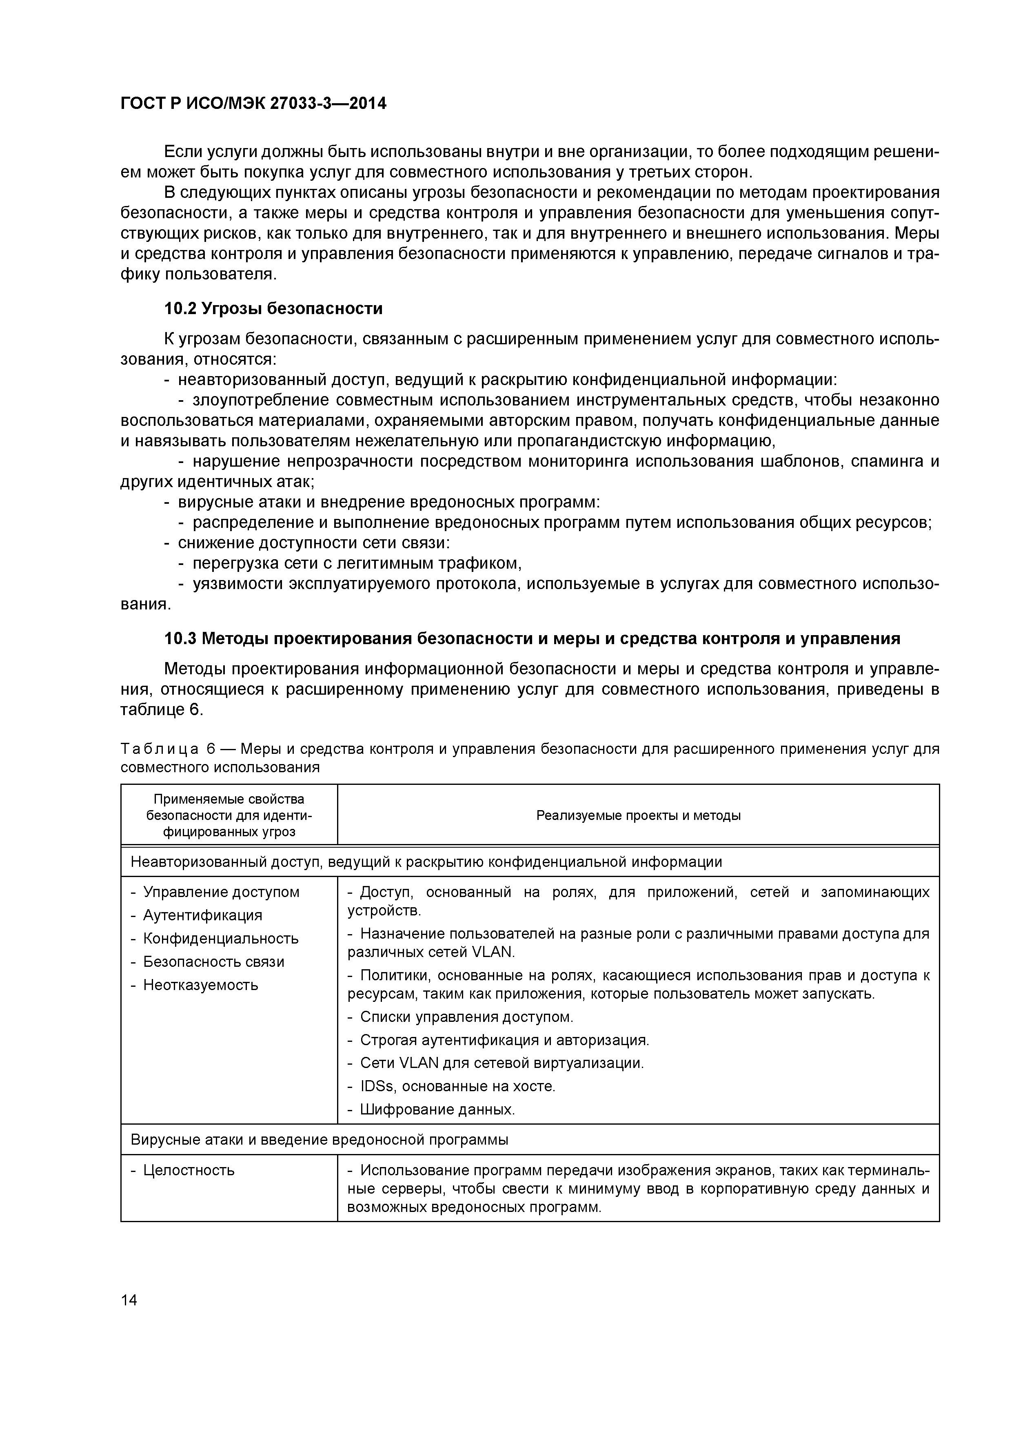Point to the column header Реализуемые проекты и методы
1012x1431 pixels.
click(638, 815)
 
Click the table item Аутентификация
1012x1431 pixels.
click(203, 915)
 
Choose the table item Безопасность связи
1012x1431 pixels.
click(213, 962)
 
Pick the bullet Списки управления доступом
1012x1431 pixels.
click(466, 1017)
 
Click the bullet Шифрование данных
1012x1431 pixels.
click(437, 1110)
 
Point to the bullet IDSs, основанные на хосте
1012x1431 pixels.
click(457, 1086)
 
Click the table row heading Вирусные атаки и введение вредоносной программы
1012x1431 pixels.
click(319, 1139)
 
